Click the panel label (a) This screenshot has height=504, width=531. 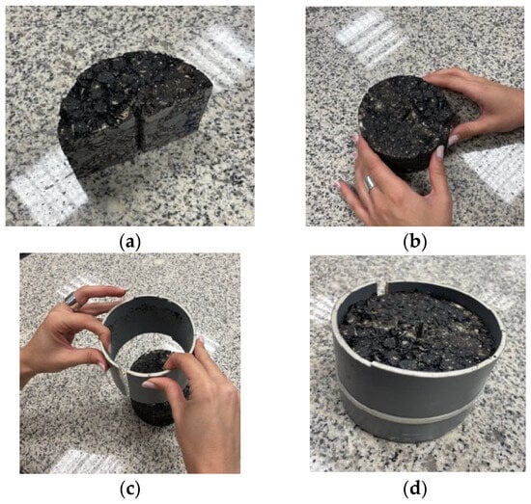[129, 243]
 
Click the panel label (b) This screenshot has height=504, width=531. [414, 243]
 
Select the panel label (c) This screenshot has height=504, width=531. [129, 490]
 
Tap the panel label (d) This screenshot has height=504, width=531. [414, 490]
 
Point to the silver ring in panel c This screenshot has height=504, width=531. [71, 299]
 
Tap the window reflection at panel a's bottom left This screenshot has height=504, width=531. [45, 189]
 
